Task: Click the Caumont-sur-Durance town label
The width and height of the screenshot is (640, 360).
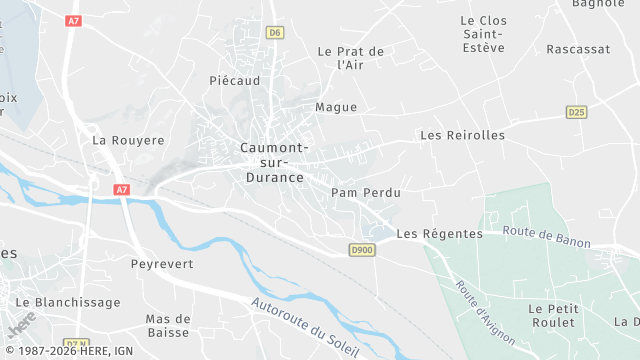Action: coord(273,162)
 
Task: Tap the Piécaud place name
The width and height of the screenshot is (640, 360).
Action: coord(235,80)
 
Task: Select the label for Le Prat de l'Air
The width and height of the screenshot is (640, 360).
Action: coord(350,58)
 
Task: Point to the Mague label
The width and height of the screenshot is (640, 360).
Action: coord(336,107)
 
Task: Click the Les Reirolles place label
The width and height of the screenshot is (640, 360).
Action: coord(462,135)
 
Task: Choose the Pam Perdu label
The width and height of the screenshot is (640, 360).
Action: coord(366,192)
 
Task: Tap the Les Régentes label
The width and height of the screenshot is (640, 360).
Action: coord(439,234)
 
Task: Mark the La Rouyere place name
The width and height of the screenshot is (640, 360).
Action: coord(128,141)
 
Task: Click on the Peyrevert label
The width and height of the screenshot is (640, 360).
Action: coord(162,264)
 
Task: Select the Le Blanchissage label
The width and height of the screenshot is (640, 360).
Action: coord(68,302)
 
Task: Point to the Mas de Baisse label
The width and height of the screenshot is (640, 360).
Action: coord(168,325)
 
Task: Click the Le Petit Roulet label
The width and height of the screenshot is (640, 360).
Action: coord(554,315)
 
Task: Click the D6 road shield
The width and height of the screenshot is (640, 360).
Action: coord(275,33)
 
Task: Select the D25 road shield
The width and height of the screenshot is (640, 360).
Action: coord(576,112)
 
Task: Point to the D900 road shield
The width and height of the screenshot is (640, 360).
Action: coord(361,249)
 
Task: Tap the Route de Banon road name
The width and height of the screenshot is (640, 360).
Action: coord(547,236)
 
